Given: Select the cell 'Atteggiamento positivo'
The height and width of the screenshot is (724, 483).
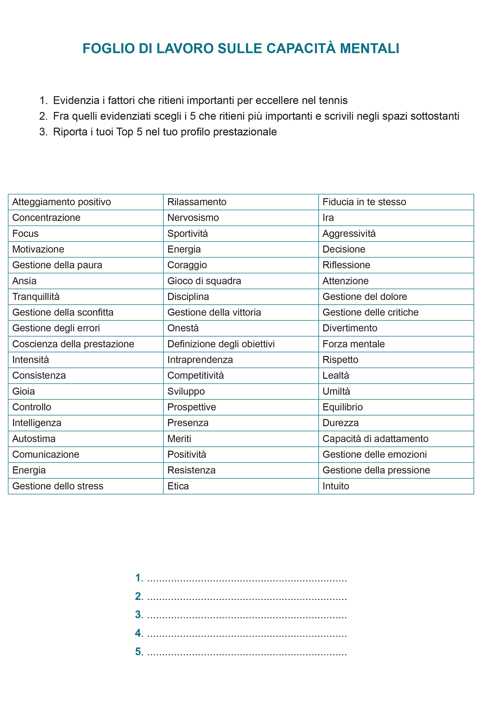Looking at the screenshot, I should (x=62, y=202).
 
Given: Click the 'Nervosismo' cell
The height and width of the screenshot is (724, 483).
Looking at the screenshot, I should (x=193, y=218).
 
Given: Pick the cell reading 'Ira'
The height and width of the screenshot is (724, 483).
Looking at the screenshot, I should (x=328, y=218).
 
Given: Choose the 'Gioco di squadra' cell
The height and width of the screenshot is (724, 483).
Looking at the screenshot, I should (x=204, y=281).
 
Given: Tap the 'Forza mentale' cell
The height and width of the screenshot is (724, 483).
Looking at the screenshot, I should (x=354, y=344).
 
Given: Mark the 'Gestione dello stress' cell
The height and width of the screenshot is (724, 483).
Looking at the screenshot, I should (x=58, y=486).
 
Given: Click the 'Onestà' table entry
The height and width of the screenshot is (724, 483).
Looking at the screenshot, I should (x=183, y=328).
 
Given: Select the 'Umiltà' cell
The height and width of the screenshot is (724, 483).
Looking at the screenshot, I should (x=336, y=391).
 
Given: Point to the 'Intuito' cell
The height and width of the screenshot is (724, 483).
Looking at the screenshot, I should (x=336, y=486).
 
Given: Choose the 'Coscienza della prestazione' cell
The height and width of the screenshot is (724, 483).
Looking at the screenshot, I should (x=73, y=344).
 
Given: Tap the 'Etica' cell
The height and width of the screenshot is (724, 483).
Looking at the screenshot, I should (x=178, y=486).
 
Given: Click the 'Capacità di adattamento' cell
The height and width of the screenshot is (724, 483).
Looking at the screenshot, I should (x=375, y=439).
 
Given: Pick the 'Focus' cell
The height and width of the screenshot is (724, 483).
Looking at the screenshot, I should (x=25, y=234).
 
